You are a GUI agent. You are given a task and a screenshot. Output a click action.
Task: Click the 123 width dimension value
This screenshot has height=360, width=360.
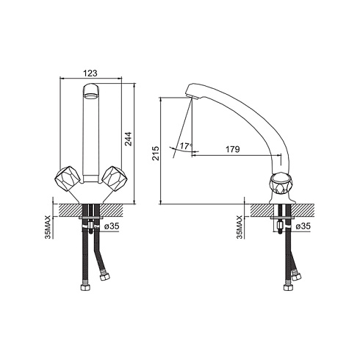click(x=90, y=73)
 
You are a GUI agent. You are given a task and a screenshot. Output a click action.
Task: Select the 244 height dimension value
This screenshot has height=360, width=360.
click(x=129, y=139)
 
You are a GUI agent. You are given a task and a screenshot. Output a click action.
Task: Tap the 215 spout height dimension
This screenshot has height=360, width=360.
click(x=156, y=153)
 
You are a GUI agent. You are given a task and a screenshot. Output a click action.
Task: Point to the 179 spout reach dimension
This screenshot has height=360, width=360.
click(x=233, y=149)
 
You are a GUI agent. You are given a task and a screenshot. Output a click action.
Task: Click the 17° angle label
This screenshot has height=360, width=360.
click(x=187, y=146)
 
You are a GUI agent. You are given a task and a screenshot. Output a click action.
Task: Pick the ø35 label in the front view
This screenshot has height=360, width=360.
click(x=112, y=226)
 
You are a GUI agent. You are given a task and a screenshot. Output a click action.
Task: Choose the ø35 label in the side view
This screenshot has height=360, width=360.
click(x=303, y=226)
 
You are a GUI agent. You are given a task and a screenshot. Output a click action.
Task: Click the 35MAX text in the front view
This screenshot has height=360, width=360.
click(x=48, y=227)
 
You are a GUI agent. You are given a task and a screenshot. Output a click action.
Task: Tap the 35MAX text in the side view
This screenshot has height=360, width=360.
click(x=240, y=227)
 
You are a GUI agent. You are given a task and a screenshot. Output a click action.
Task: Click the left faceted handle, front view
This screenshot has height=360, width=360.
click(x=68, y=178)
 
